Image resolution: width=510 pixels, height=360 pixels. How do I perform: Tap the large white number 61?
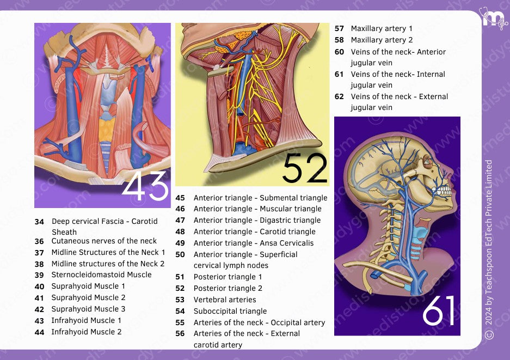click(x=439, y=311)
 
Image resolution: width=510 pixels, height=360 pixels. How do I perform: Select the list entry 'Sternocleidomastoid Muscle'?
click(x=101, y=275)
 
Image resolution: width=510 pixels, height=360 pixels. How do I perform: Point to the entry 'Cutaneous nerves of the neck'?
click(x=104, y=241)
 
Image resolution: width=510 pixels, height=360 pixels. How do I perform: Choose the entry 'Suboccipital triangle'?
click(x=230, y=311)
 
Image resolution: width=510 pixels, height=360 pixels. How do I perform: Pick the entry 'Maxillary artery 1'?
click(x=382, y=28)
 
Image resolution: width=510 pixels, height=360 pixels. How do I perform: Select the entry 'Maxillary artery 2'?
click(x=382, y=40)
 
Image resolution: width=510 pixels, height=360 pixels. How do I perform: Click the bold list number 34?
click(x=39, y=222)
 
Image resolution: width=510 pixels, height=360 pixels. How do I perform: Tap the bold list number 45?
click(x=180, y=198)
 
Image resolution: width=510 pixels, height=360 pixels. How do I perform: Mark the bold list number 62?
click(x=339, y=97)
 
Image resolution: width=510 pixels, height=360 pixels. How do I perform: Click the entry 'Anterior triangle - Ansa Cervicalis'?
click(x=254, y=243)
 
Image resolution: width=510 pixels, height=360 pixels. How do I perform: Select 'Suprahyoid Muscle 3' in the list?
click(x=88, y=309)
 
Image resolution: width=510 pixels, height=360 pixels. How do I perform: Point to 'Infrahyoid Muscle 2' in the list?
click(x=87, y=332)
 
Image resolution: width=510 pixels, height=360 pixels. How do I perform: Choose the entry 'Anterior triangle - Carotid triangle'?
click(x=254, y=231)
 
